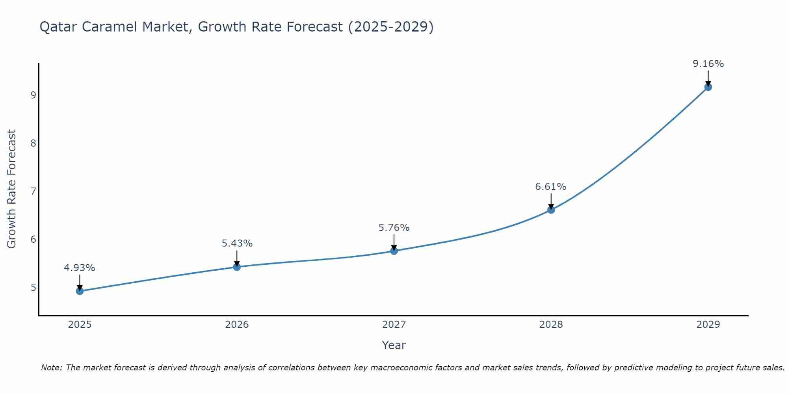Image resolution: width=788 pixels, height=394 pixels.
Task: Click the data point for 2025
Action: tap(80, 291)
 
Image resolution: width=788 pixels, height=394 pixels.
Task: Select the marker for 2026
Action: tap(237, 267)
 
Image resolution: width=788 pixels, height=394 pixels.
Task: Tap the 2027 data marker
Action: tap(394, 251)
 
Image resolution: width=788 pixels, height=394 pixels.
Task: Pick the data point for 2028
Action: tap(551, 210)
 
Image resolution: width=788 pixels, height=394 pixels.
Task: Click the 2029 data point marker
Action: tap(708, 87)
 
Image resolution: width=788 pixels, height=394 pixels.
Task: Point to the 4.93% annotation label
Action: tap(80, 268)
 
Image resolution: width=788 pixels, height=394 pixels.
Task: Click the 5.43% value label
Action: tap(237, 243)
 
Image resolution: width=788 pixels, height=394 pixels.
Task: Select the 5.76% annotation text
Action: tap(394, 228)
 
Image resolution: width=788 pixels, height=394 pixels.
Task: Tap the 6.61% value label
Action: tap(551, 187)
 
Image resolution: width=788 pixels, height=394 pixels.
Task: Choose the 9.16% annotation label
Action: tap(708, 64)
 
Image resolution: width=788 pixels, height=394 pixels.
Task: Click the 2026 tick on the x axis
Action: tap(237, 325)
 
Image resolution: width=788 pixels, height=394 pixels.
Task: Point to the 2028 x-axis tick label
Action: tap(551, 325)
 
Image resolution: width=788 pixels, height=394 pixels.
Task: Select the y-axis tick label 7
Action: tap(33, 191)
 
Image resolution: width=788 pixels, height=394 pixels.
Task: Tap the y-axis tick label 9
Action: tap(33, 95)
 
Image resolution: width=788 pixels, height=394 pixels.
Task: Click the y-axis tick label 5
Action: tap(33, 288)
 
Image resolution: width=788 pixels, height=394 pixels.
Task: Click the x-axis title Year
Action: tap(394, 345)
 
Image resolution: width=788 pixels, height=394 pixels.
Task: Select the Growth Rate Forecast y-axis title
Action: tap(12, 189)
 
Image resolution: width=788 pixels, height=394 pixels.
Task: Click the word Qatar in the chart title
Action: tap(55, 27)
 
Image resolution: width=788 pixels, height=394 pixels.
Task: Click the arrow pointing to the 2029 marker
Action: tap(708, 78)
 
